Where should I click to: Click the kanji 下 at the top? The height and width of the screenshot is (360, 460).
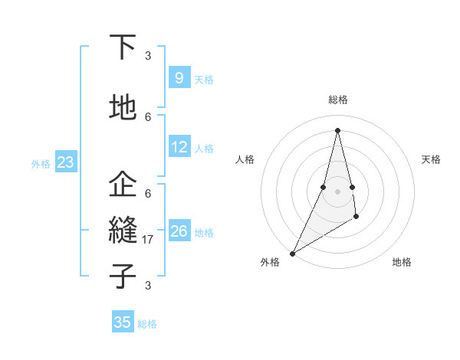[123, 47]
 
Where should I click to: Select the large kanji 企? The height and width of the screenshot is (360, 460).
[123, 185]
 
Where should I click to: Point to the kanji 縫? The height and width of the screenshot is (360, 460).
[123, 231]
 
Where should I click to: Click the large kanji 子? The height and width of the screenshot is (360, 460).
[123, 275]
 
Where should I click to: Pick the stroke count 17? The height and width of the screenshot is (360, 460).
[149, 240]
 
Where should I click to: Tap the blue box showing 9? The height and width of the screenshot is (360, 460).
[179, 77]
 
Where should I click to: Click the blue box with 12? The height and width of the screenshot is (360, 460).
[179, 148]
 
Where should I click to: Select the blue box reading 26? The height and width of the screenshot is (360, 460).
[179, 232]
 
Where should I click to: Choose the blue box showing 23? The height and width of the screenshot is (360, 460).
[65, 162]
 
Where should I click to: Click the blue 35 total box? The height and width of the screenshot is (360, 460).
[123, 322]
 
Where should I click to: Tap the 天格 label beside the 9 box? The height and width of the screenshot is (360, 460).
[204, 79]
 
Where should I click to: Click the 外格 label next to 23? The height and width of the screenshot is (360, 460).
[41, 163]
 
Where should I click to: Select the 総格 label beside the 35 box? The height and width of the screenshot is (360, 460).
[148, 324]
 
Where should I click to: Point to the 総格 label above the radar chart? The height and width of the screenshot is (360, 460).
[337, 100]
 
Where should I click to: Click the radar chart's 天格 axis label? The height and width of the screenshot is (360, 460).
[432, 159]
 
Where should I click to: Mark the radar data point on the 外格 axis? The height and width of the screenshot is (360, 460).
[292, 253]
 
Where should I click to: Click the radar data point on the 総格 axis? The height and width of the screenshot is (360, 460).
[337, 130]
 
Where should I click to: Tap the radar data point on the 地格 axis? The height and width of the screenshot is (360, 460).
[356, 218]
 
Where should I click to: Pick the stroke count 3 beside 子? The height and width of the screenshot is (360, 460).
[148, 286]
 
